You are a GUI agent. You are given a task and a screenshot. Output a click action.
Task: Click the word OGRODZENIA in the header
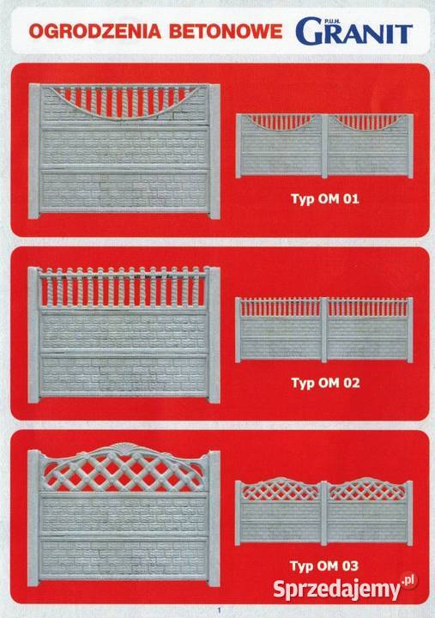click(95, 32)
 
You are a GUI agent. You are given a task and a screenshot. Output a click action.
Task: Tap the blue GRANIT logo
click(353, 30)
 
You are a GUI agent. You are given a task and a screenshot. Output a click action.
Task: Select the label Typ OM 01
click(325, 198)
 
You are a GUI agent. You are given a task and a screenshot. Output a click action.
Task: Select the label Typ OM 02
click(325, 383)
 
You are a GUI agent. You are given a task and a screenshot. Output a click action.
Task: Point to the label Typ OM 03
click(324, 566)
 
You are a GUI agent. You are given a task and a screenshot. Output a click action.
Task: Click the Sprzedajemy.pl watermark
click(344, 588)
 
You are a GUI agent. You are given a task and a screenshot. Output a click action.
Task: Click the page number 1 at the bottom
click(220, 610)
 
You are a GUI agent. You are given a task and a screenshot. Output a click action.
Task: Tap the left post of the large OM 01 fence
click(34, 151)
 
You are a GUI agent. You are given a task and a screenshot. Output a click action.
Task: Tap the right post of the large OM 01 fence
click(214, 152)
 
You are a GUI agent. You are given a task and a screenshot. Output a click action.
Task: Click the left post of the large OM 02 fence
click(33, 335)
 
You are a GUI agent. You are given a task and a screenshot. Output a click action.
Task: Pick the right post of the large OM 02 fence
click(214, 336)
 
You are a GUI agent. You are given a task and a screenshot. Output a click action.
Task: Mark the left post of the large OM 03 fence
click(33, 518)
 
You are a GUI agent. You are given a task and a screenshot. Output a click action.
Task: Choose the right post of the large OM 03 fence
click(214, 518)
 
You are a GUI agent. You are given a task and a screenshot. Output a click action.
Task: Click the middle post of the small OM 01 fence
click(324, 146)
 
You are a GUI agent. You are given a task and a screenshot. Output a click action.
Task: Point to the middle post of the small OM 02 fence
click(324, 330)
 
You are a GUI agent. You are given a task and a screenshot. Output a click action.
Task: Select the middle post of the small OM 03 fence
click(323, 513)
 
